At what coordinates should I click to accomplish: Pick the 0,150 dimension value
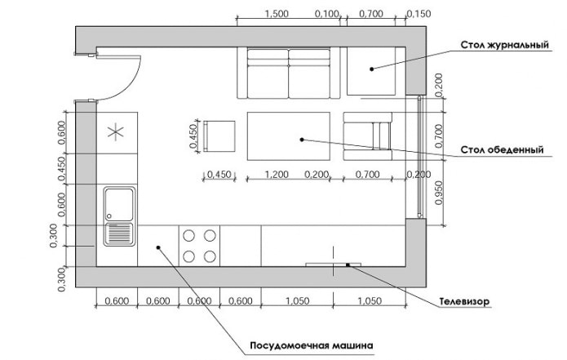tap(419, 14)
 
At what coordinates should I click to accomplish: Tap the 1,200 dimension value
tap(277, 174)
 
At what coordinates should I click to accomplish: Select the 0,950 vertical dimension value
tap(438, 191)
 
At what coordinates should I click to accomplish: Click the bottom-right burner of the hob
tap(210, 256)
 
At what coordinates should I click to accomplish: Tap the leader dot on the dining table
tap(301, 140)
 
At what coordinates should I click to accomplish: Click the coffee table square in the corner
tap(370, 69)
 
